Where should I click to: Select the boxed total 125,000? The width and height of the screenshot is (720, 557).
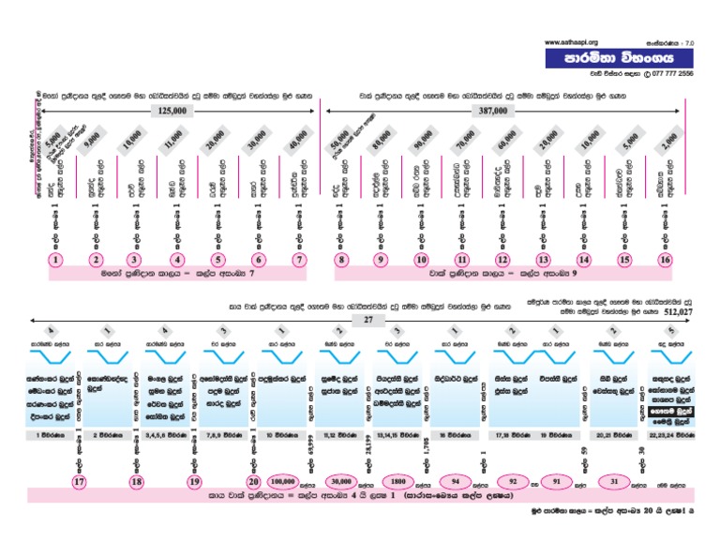(x=172, y=111)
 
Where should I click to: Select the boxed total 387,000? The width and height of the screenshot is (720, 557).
(x=492, y=111)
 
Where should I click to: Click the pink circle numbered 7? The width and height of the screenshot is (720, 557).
(x=299, y=260)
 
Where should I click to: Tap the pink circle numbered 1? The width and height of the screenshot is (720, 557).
(x=57, y=260)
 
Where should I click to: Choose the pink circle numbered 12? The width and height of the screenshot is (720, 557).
(x=503, y=260)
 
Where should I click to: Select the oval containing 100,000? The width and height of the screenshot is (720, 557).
(x=289, y=480)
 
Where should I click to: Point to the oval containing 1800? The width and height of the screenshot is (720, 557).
(x=397, y=480)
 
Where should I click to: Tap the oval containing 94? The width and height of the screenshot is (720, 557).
(x=454, y=480)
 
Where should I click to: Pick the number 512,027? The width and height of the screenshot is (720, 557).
(x=682, y=311)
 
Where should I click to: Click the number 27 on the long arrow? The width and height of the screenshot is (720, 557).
(x=367, y=320)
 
